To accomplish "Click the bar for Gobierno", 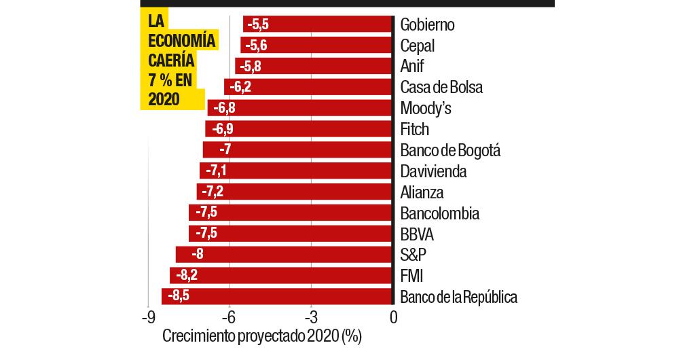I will [317, 24].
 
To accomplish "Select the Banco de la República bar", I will [276, 297].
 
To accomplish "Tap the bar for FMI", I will [280, 276].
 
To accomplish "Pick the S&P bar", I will [283, 255].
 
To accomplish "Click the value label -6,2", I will [240, 87].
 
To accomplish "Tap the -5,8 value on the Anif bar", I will [249, 67].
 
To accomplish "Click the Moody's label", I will [426, 109].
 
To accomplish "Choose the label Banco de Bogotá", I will [450, 150].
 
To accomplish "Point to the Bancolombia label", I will [440, 213].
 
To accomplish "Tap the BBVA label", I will [417, 234].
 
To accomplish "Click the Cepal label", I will [418, 46].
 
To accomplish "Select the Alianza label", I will [422, 192].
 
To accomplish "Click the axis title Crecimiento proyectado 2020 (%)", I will [261, 336].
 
